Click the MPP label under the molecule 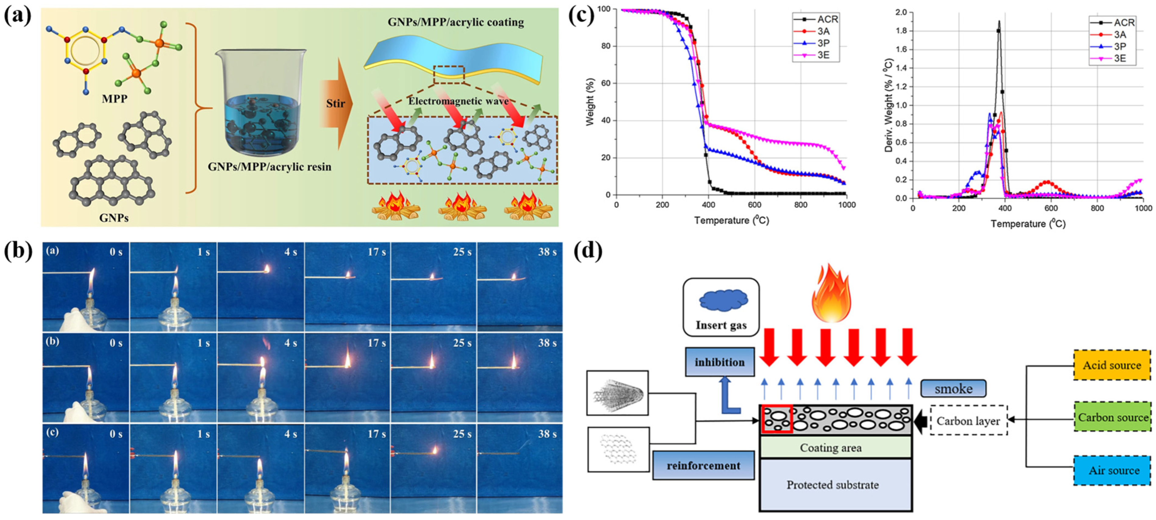click(114, 98)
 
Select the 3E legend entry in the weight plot click(823, 55)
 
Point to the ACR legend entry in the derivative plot click(1124, 22)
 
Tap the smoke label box click(953, 389)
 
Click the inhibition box click(719, 362)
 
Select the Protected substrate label click(832, 485)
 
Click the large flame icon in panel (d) click(831, 294)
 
